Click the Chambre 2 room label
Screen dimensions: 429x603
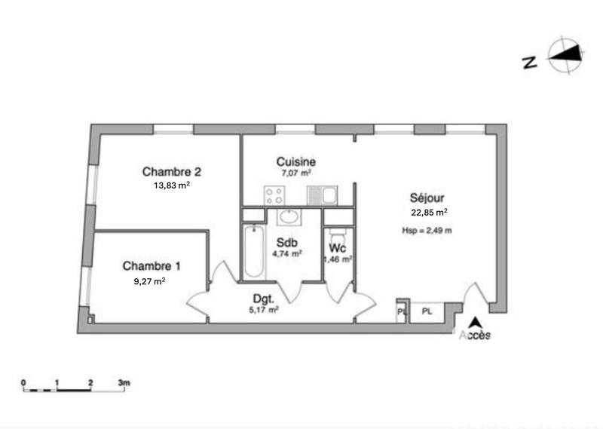tap(171, 170)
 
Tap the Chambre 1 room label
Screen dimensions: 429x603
tap(152, 266)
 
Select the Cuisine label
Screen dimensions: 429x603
tap(295, 161)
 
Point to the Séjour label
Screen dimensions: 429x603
tap(427, 198)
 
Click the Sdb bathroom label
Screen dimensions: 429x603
tap(286, 243)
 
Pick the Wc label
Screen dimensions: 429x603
tap(337, 247)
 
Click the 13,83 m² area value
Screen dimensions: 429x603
tap(171, 184)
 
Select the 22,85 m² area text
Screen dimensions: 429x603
tap(428, 212)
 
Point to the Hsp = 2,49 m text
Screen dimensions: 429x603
tap(427, 230)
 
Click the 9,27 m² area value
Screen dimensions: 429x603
tap(148, 280)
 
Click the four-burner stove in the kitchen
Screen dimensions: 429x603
tap(275, 196)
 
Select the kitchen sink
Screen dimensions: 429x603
tap(324, 196)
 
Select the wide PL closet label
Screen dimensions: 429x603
tap(427, 311)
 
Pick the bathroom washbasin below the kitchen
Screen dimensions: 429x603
tap(288, 218)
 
